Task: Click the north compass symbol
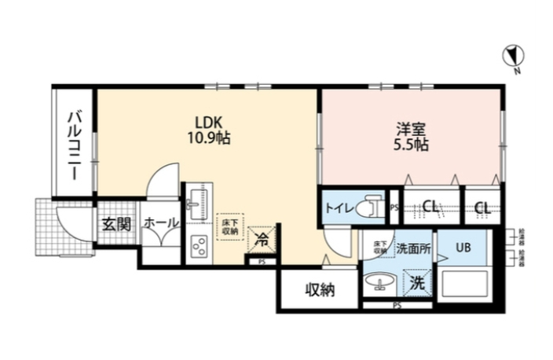point(511,56)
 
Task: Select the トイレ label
point(339,208)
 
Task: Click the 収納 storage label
point(320,290)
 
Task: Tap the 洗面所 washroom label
point(413,249)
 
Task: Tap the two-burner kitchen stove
point(196,246)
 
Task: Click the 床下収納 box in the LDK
point(229,226)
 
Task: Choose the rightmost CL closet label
point(482,208)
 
